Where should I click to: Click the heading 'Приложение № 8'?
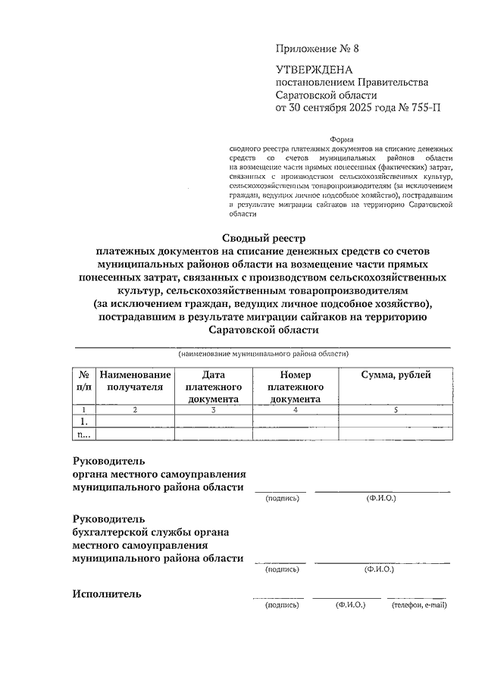[315, 48]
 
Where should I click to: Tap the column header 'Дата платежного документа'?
[214, 387]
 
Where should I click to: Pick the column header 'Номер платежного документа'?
[296, 387]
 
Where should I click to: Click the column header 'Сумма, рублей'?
[396, 374]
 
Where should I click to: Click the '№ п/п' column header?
[83, 381]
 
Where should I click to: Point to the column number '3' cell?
[214, 409]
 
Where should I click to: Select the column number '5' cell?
[396, 409]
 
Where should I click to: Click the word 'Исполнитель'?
[107, 594]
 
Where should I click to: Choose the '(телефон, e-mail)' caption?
[419, 606]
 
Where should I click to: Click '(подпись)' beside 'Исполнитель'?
[282, 606]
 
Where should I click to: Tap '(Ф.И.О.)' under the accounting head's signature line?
[378, 569]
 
